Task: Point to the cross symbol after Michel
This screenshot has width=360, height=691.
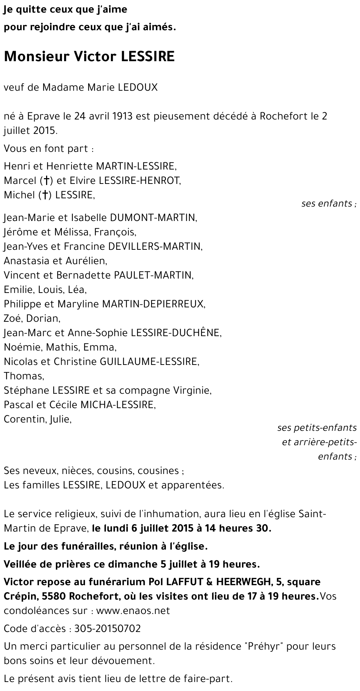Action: point(45,195)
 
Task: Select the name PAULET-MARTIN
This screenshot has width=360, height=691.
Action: point(154,275)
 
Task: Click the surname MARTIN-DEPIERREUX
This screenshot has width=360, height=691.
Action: point(153,304)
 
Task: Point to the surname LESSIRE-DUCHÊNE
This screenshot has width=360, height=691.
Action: point(176,333)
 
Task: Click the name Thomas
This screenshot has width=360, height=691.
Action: point(23,376)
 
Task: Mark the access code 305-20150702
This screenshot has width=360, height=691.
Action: point(107,629)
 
